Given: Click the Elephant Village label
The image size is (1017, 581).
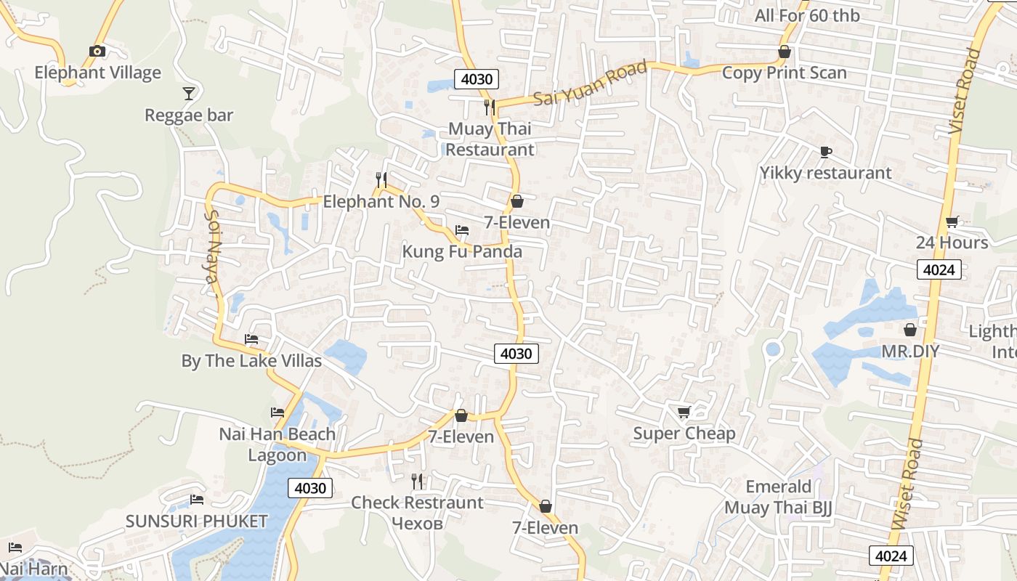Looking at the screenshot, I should tap(98, 73).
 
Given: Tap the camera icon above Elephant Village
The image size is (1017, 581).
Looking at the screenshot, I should tap(97, 51).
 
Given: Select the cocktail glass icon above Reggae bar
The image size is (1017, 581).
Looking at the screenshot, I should tap(189, 93).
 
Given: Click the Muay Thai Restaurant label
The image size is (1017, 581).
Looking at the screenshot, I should tap(490, 139).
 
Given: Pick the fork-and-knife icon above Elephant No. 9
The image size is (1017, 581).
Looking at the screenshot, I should tap(381, 179).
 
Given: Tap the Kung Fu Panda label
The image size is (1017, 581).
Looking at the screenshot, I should tap(462, 252).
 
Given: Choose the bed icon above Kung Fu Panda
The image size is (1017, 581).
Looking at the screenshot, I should tap(462, 230).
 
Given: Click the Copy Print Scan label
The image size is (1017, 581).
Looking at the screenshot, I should tap(784, 73).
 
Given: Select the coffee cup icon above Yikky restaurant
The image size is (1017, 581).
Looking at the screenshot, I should tap(825, 152).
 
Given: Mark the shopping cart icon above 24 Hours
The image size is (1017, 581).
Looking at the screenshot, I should tap(952, 222).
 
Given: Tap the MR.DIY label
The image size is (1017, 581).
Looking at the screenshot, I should tap(910, 352).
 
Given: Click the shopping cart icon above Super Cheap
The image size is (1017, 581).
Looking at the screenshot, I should tap(684, 413).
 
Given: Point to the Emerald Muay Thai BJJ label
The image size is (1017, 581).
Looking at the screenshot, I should tap(778, 497).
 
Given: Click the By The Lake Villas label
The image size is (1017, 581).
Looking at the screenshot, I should tap(251, 361).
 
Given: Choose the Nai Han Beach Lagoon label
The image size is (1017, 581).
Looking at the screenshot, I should tap(277, 444).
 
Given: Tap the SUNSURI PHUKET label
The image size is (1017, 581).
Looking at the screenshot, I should tap(197, 521).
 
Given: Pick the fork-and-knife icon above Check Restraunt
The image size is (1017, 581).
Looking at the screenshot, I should tap(417, 481).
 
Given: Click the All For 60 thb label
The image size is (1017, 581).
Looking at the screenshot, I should tap(806, 15).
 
